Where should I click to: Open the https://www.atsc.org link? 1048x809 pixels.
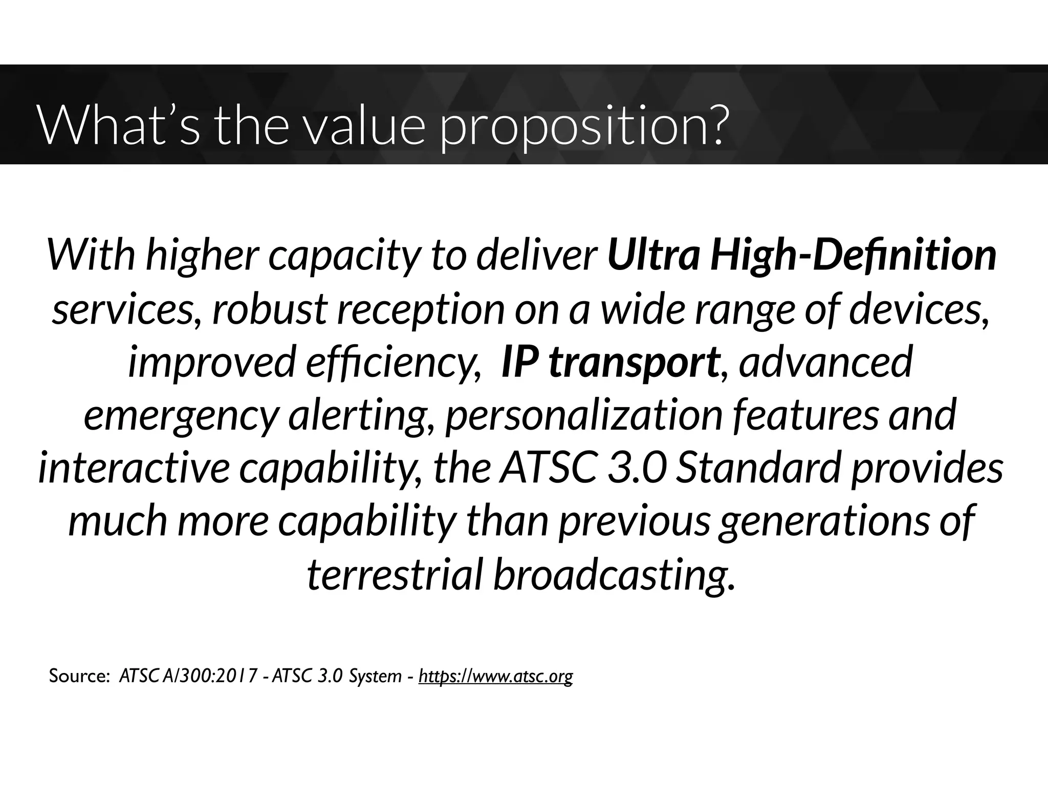(x=495, y=677)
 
